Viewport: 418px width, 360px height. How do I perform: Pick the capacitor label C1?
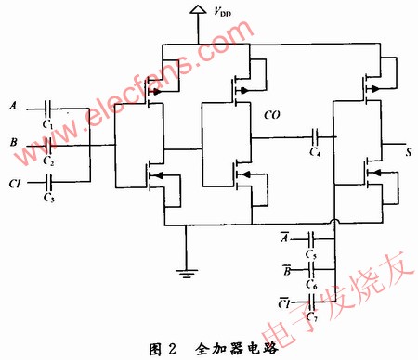[49, 122]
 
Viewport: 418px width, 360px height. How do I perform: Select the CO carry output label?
[274, 116]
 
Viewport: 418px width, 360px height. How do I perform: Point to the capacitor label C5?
[310, 252]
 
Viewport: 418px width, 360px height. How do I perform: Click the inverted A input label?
[284, 238]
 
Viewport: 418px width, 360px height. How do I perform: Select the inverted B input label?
[284, 270]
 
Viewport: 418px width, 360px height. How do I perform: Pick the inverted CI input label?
[283, 302]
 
